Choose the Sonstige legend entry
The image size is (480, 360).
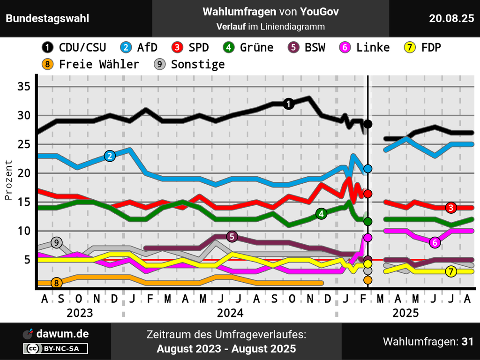tap(190, 64)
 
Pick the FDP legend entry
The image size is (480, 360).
tap(422, 47)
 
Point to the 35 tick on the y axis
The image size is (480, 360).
tap(24, 87)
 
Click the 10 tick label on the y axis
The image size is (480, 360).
tap(24, 231)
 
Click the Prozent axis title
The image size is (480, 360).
tap(8, 180)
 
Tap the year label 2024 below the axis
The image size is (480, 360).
tap(230, 313)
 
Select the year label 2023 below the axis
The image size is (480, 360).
tap(80, 313)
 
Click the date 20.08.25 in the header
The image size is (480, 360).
tap(451, 18)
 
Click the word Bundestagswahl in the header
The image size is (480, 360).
tap(47, 18)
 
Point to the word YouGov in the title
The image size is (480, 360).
tap(320, 12)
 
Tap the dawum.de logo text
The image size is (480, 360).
tap(62, 334)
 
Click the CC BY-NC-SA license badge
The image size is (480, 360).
tap(55, 348)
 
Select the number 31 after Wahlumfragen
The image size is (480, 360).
tap(467, 342)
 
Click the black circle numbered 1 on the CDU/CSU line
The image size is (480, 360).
tap(289, 104)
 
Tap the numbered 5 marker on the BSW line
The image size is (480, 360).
tap(232, 237)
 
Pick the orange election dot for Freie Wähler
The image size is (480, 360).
tap(368, 280)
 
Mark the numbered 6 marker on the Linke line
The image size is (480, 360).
tap(435, 242)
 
